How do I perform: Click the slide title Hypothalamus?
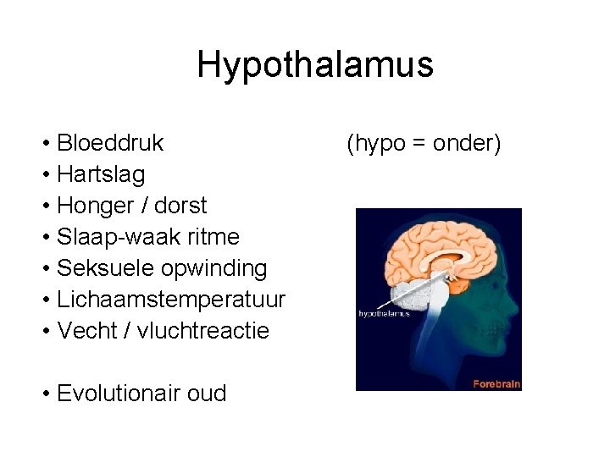tap(314, 65)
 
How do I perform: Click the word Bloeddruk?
tap(110, 143)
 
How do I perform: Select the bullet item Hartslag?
tap(101, 174)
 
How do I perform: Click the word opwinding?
tap(214, 268)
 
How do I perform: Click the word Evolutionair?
tap(123, 394)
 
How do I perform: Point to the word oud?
tap(208, 394)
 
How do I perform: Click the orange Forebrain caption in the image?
tap(496, 383)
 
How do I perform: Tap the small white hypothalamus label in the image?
tap(384, 313)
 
